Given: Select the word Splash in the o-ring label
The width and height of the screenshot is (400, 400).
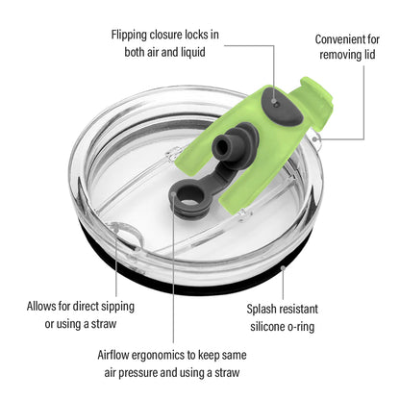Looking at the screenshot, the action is (x=261, y=310).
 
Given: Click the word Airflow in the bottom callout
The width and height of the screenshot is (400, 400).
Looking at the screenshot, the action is (x=113, y=355).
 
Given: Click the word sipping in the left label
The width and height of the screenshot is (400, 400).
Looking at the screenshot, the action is (x=117, y=307).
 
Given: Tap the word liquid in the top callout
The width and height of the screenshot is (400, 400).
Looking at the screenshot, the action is (x=193, y=52).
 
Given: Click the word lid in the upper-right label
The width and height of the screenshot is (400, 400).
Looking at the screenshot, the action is (x=369, y=55).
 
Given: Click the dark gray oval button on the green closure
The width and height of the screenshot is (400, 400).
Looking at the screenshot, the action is (x=282, y=107).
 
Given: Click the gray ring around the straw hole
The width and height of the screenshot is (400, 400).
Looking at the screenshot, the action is (x=189, y=197).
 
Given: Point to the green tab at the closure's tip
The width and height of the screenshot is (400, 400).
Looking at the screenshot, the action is (x=315, y=90).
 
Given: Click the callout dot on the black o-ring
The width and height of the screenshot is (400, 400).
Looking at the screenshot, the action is (x=283, y=267).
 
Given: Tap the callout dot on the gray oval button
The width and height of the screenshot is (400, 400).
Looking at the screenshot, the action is (x=274, y=102).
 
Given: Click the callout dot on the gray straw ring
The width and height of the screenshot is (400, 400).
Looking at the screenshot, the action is (x=173, y=194).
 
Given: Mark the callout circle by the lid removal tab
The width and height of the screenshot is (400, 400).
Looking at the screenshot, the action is (x=315, y=138).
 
